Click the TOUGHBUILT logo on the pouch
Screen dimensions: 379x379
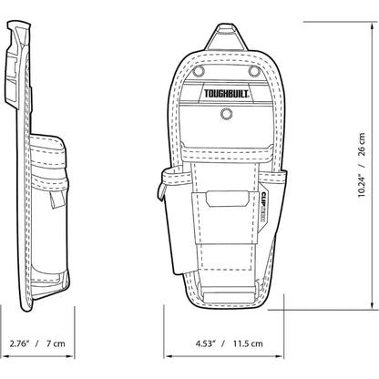224,92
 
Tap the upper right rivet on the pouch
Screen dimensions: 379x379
251,69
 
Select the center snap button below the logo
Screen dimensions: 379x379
225,115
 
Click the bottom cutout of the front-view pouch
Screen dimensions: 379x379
224,295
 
